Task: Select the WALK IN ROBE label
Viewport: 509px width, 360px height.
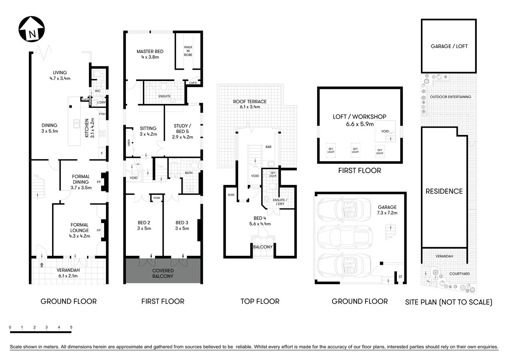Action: [188, 51]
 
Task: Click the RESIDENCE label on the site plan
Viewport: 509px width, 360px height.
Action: [444, 191]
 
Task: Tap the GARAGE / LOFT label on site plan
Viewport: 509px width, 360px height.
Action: [449, 46]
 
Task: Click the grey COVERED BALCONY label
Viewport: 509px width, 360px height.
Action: [163, 273]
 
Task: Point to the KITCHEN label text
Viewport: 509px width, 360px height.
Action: [87, 128]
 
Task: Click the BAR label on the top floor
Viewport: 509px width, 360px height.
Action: [268, 147]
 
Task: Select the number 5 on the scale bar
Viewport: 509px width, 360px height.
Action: [71, 327]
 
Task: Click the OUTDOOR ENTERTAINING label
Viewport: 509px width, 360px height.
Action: [450, 97]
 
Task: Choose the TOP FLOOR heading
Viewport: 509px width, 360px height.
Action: [260, 301]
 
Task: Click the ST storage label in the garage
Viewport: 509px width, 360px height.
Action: [400, 277]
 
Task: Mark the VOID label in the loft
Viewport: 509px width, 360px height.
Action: [385, 131]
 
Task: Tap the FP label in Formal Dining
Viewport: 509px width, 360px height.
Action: [99, 182]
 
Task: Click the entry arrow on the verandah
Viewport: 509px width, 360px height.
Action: [42, 265]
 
